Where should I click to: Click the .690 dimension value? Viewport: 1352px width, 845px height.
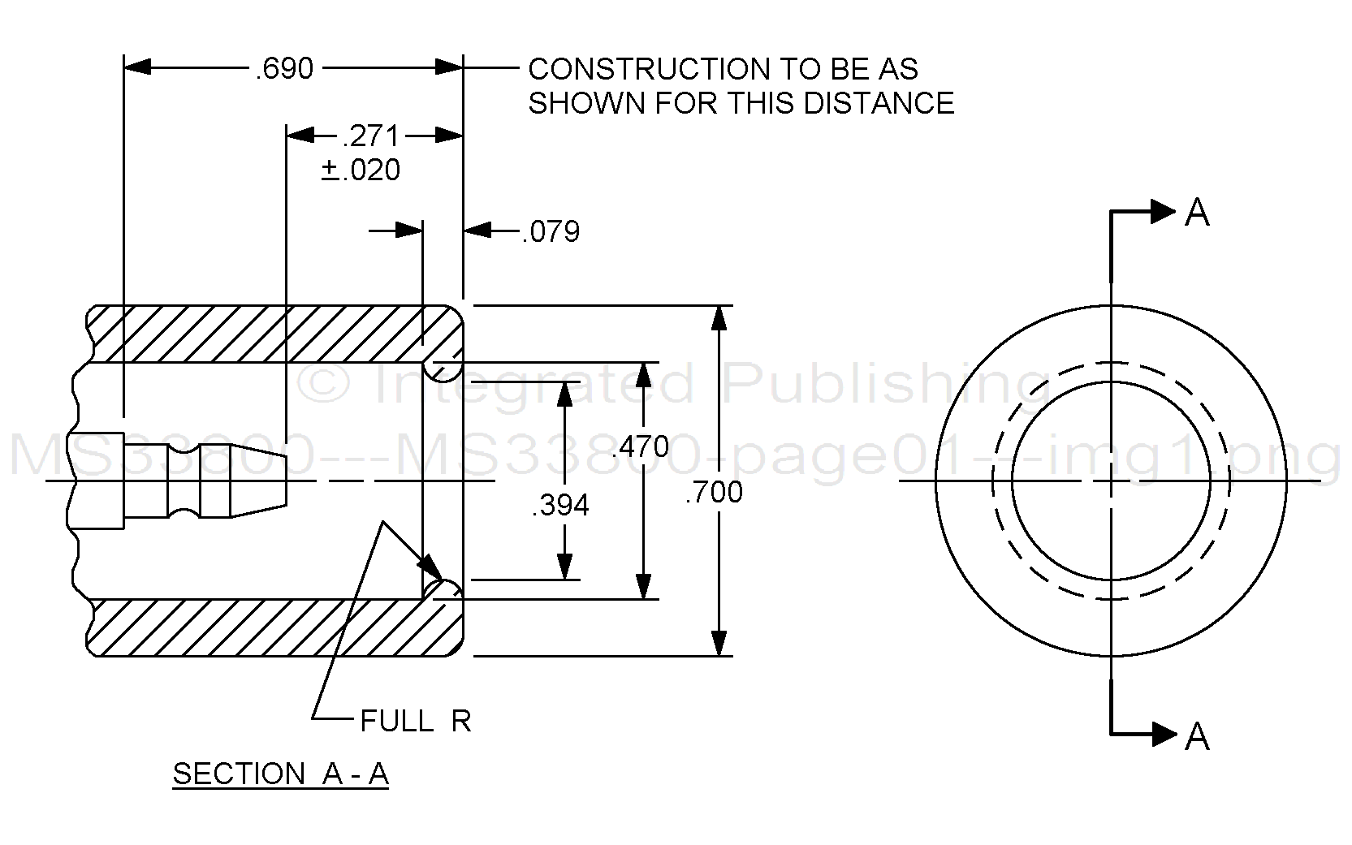[x=284, y=69]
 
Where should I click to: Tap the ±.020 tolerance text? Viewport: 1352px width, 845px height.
[x=361, y=170]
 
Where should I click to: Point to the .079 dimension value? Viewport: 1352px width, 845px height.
[x=551, y=232]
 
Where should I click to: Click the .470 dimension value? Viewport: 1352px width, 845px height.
[x=641, y=447]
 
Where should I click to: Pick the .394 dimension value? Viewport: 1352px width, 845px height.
[x=560, y=506]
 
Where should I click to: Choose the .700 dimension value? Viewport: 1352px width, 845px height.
[x=714, y=493]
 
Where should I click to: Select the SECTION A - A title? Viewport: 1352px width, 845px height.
[x=281, y=774]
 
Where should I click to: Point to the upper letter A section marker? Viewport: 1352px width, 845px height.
[x=1198, y=213]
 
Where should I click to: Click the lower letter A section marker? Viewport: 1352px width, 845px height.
[x=1198, y=736]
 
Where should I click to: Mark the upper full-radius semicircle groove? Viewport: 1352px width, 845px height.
[x=443, y=371]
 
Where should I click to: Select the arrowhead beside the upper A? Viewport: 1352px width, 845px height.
[x=1163, y=212]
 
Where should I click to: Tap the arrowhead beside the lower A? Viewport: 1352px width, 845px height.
[x=1163, y=735]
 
